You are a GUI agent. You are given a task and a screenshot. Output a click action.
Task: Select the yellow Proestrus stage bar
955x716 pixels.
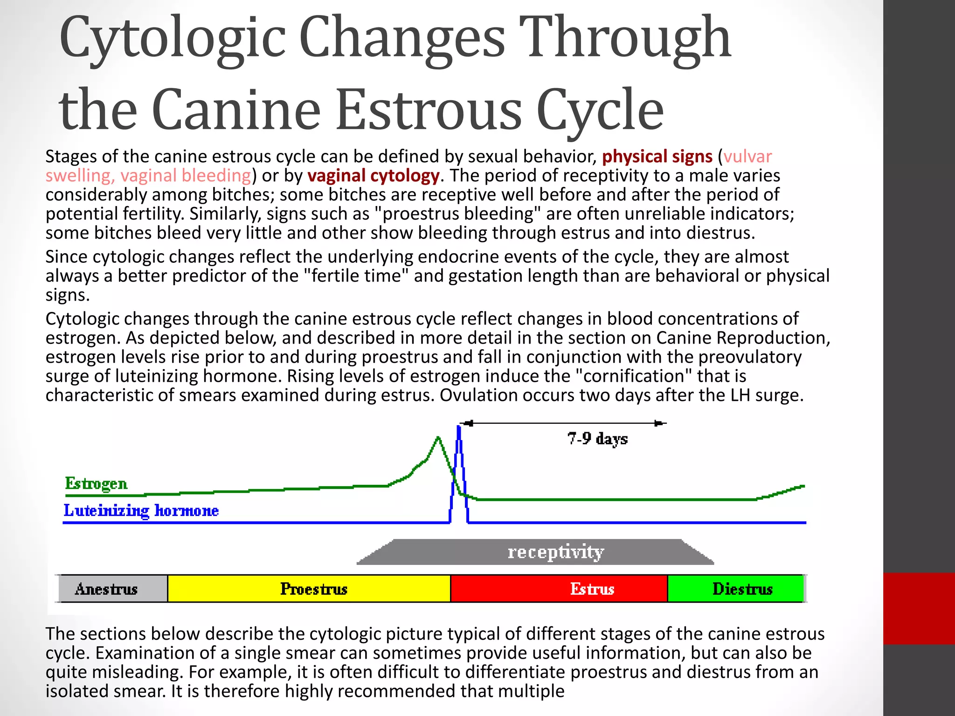pos(309,589)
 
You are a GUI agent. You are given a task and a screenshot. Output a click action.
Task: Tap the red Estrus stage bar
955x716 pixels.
pos(559,589)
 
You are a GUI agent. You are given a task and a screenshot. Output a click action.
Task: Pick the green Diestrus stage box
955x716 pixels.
pos(736,589)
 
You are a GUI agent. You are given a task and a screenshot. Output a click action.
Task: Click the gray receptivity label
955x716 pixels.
pos(555,552)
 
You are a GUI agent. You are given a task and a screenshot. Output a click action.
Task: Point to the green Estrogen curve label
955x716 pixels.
pos(96,483)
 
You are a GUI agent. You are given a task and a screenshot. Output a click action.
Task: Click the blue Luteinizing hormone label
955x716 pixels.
pos(141,511)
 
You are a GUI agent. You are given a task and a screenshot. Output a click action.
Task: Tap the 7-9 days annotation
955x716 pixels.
pos(597,439)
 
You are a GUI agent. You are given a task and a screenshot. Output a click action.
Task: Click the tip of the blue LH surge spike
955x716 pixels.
pos(459,427)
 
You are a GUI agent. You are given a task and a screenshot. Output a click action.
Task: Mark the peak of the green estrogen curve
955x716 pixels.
pos(438,438)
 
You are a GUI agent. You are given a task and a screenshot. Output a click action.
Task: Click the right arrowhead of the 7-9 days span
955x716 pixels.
pos(659,423)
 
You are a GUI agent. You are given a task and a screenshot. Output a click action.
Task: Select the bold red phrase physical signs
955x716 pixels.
pos(657,157)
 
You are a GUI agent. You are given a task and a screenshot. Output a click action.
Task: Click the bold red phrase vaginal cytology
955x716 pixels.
pos(373,176)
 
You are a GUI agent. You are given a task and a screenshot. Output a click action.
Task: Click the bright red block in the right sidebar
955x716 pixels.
pos(919,608)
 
